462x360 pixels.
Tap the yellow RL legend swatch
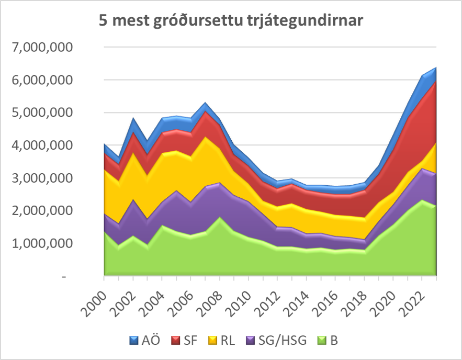(212, 341)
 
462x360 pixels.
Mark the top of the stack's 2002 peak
(132, 119)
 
